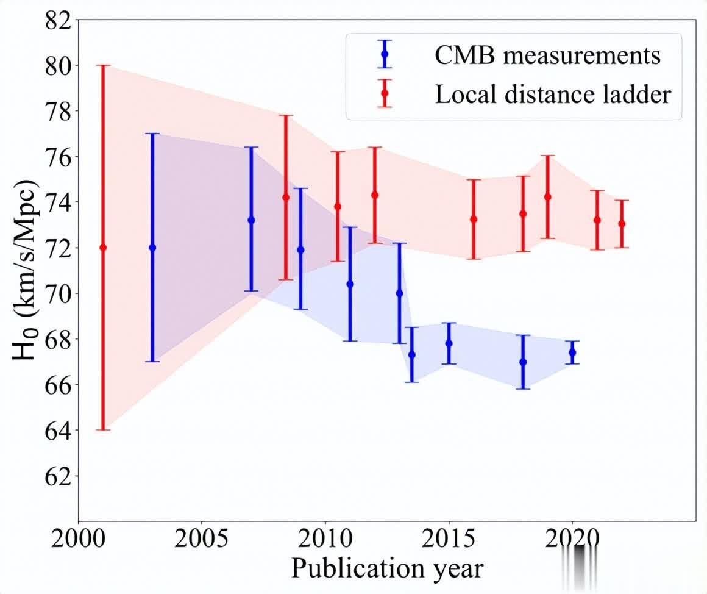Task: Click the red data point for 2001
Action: point(103,247)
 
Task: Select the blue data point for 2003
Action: point(152,247)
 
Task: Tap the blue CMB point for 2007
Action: point(251,220)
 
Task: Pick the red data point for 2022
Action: point(622,224)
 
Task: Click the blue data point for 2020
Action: point(572,352)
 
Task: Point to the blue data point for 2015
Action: point(449,343)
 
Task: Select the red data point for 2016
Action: point(474,219)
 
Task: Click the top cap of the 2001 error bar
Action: point(103,65)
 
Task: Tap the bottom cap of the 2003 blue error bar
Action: point(152,362)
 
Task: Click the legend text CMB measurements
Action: point(547,55)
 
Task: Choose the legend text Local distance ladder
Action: point(553,95)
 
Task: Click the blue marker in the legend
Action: point(385,54)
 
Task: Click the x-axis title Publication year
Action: point(387,568)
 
